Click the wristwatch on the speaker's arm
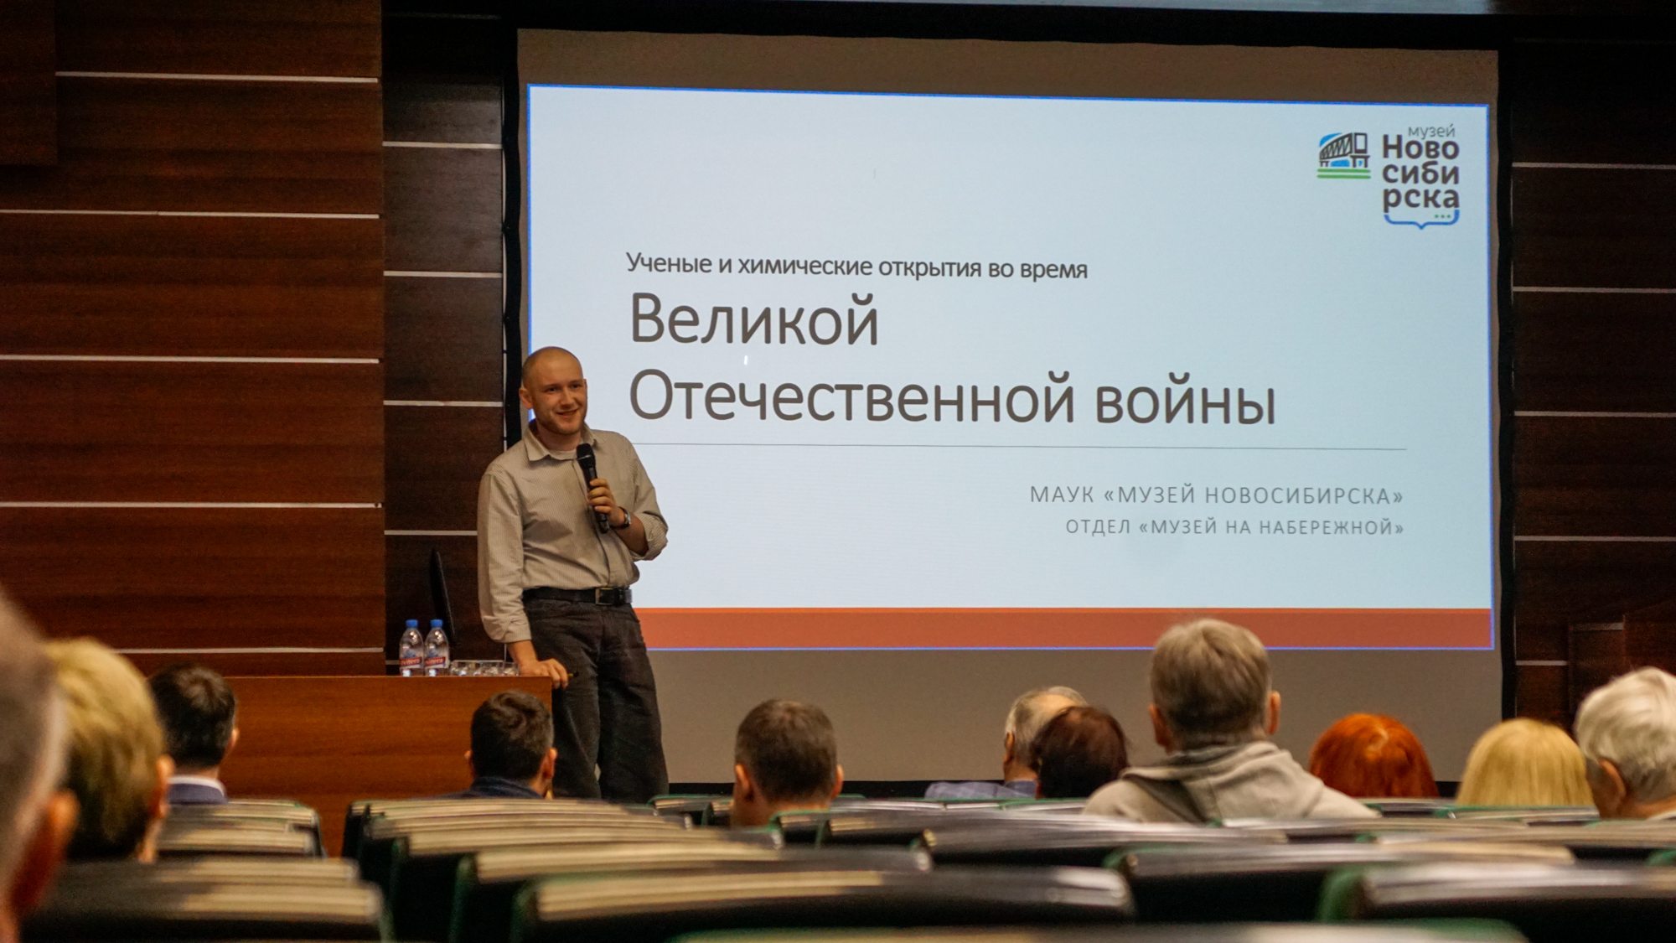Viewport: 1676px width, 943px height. [623, 518]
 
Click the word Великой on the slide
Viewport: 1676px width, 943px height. [754, 320]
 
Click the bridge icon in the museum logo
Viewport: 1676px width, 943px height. [1343, 155]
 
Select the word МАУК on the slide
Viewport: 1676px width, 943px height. [1062, 495]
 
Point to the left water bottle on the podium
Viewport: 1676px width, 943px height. [411, 648]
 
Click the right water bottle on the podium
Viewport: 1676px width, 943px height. [437, 648]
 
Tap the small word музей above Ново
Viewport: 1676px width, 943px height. [1430, 132]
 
